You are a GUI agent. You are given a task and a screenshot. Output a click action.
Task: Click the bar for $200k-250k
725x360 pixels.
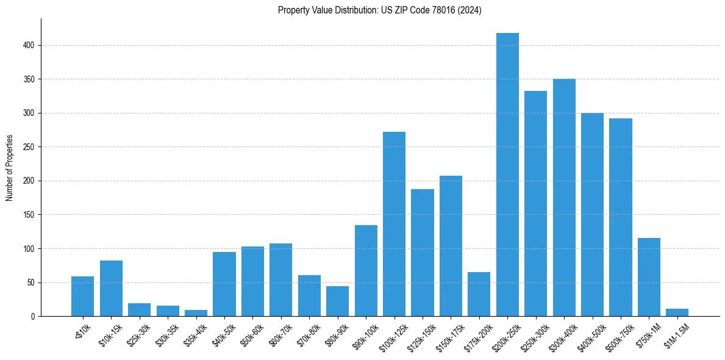(507, 175)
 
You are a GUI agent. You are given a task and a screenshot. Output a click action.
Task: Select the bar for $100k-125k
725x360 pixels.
(394, 224)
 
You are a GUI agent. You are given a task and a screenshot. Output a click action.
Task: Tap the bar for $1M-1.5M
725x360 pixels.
(677, 312)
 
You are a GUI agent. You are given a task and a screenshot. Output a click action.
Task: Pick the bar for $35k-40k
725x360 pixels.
(196, 313)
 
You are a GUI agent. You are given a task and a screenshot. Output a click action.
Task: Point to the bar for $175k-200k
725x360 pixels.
(479, 294)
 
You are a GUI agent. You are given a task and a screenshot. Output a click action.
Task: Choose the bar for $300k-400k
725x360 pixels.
(564, 198)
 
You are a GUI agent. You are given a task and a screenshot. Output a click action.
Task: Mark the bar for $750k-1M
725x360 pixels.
(649, 277)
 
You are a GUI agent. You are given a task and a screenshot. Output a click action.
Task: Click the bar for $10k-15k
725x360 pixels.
(111, 288)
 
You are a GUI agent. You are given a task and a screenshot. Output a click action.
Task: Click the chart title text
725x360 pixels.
(379, 10)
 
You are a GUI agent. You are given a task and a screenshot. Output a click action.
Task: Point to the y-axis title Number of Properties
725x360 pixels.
(10, 168)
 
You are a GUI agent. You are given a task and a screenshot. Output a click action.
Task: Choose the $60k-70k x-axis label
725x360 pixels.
(279, 335)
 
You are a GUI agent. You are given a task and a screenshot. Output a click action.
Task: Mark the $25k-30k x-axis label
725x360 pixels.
(138, 335)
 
